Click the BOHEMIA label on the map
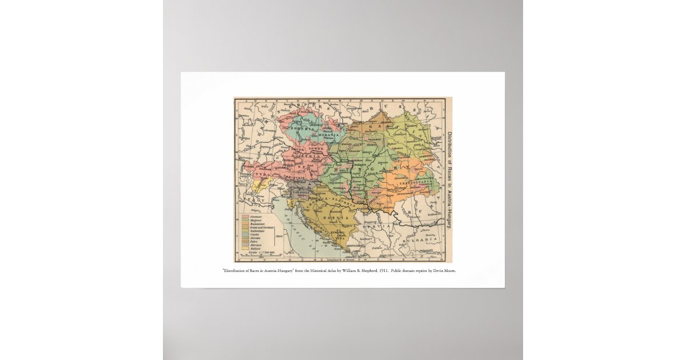pos(298,130)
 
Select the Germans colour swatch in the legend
pos(245,217)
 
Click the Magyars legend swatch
pos(245,220)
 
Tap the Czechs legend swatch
pos(245,234)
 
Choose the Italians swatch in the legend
pos(245,249)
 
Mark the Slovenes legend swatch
pos(245,245)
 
